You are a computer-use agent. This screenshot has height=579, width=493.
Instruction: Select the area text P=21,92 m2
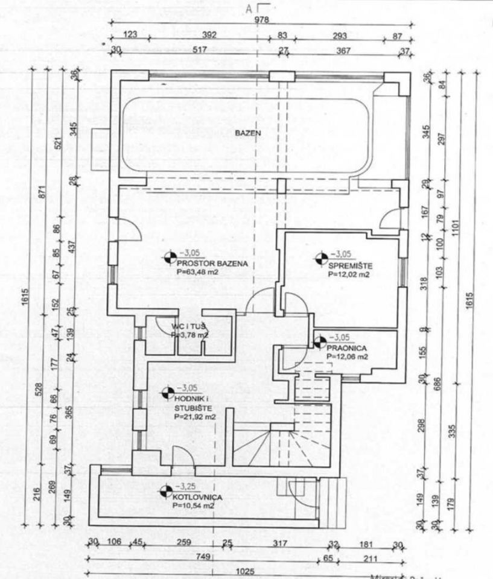pyautogui.click(x=195, y=416)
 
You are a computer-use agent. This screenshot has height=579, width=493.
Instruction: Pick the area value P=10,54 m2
pyautogui.click(x=193, y=506)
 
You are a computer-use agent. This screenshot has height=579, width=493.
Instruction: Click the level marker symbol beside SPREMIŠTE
pyautogui.click(x=320, y=260)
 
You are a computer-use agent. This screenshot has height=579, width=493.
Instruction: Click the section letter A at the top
pyautogui.click(x=248, y=8)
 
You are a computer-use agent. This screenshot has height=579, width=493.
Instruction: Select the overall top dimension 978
pyautogui.click(x=261, y=20)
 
